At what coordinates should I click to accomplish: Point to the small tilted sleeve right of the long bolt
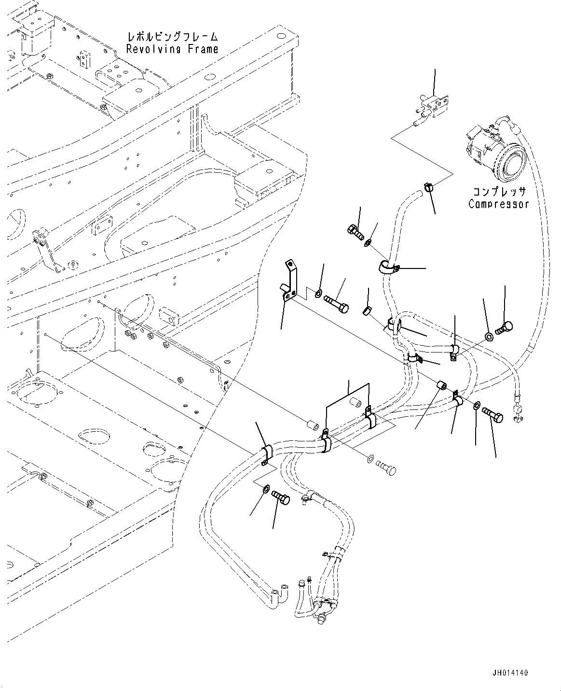coord(367,310)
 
